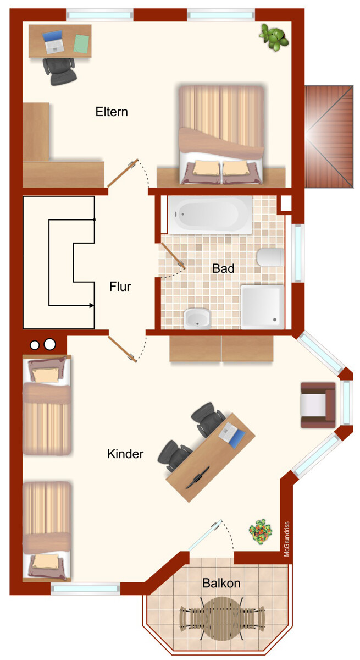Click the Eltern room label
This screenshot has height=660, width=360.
point(112,112)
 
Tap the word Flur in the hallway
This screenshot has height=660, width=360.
point(120,287)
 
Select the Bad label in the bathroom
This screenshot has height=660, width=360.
point(223,268)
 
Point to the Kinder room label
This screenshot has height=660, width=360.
point(125,454)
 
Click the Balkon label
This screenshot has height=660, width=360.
point(221,583)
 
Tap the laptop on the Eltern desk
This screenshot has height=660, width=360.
point(53,42)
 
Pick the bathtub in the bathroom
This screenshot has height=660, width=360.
point(210,215)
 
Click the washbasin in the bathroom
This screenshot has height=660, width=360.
point(197,318)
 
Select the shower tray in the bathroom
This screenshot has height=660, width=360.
point(263,307)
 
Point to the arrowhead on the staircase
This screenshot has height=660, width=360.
point(92,306)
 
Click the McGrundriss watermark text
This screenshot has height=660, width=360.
point(287,539)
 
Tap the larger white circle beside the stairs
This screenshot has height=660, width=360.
point(50,344)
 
